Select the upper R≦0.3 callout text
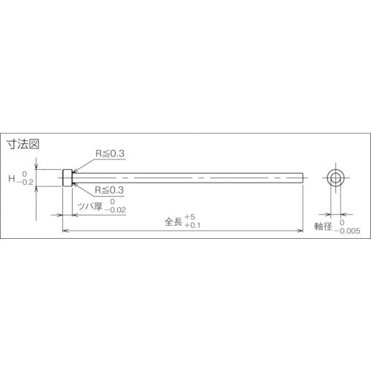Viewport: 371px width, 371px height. [x=111, y=154]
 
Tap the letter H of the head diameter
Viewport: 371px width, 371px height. [x=11, y=178]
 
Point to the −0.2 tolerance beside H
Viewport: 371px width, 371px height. [x=26, y=183]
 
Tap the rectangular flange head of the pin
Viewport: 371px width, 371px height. [x=67, y=178]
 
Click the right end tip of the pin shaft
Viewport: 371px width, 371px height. [x=303, y=178]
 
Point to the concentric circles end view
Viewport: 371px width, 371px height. [x=335, y=178]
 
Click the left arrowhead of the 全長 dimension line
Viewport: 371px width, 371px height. [x=65, y=231]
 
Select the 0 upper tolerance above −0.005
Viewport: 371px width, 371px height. [x=342, y=222]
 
